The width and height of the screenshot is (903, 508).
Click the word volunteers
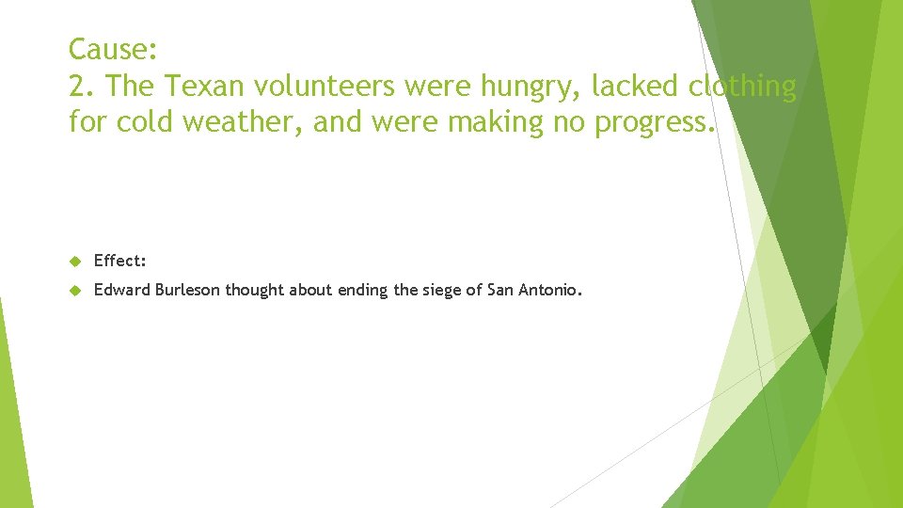click(x=322, y=87)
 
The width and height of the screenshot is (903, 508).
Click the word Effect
click(x=119, y=261)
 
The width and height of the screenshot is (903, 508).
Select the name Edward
click(x=121, y=291)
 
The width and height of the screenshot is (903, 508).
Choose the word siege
click(x=442, y=291)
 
